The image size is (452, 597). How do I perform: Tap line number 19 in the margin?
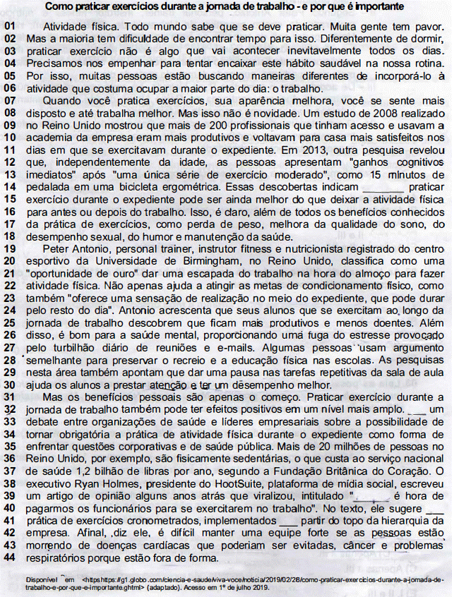(x=10, y=249)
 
